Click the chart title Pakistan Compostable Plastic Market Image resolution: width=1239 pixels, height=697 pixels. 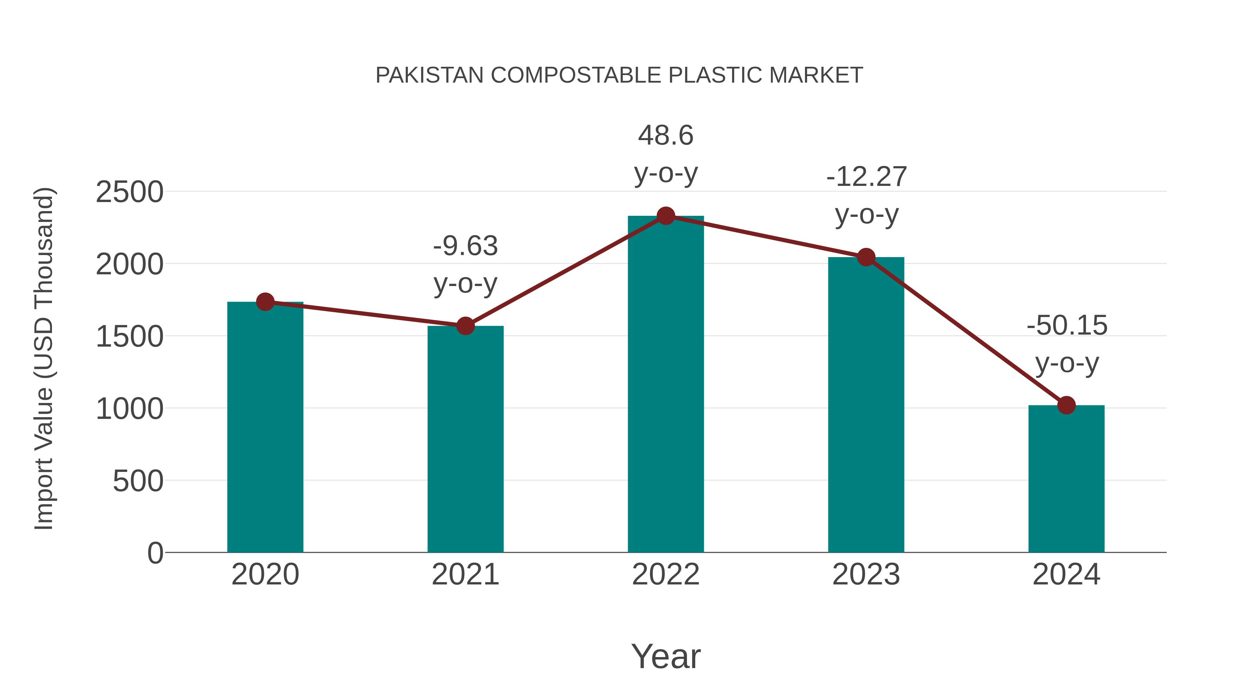tap(619, 75)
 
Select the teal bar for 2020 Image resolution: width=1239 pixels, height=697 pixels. tap(265, 428)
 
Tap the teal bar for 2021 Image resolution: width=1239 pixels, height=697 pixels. tap(465, 440)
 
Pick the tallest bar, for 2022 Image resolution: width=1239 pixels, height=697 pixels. tap(666, 385)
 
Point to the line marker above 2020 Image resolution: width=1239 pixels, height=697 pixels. tap(265, 302)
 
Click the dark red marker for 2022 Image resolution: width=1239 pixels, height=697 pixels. tap(666, 216)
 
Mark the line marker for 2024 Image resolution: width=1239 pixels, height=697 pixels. tap(1066, 405)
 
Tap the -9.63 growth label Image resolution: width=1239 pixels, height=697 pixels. tap(465, 246)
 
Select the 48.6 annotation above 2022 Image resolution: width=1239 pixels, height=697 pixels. tap(666, 136)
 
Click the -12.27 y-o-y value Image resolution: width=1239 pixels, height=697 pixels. tap(866, 177)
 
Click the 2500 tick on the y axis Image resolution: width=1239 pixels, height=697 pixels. tap(129, 192)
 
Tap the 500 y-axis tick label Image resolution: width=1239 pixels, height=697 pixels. tap(138, 481)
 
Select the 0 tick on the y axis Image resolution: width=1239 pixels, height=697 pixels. tap(155, 553)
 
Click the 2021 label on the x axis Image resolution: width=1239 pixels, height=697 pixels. tap(465, 575)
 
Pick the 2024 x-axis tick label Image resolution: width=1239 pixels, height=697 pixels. tap(1066, 575)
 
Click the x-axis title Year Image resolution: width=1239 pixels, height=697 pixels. tap(666, 657)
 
